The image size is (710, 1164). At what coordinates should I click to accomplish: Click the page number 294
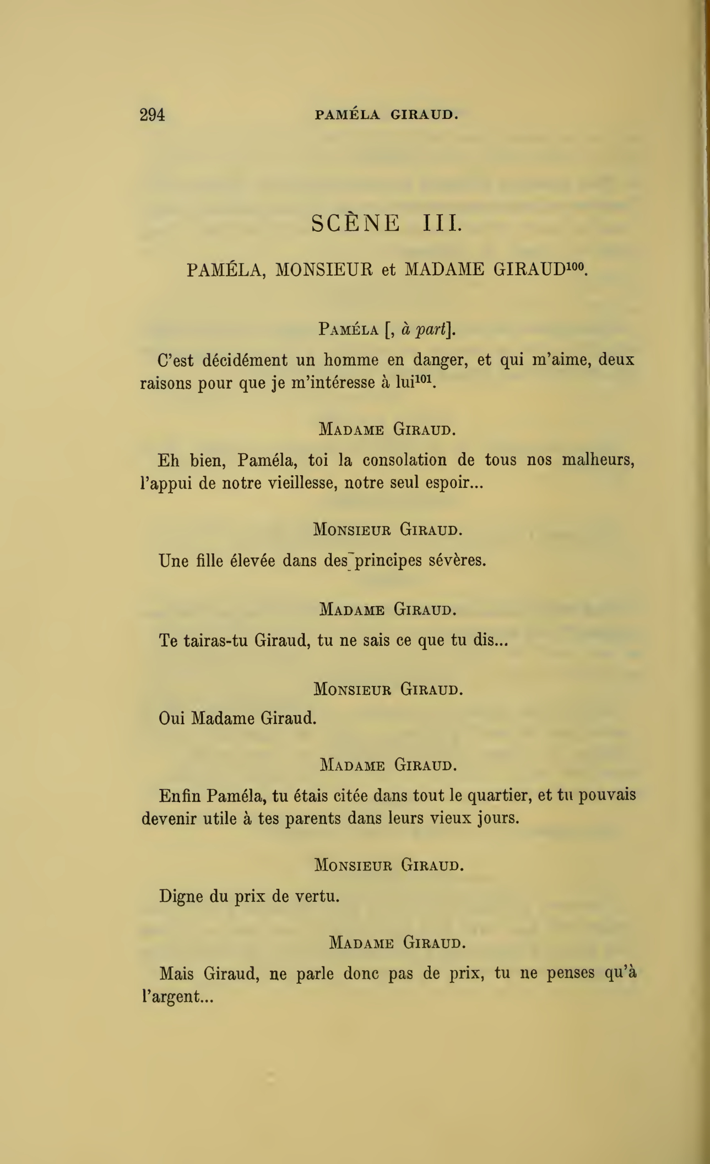(153, 115)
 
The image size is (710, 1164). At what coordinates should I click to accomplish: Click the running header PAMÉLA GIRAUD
(386, 115)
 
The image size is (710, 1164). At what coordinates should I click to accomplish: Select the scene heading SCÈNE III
(387, 223)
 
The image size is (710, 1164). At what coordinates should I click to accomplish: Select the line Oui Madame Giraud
(237, 719)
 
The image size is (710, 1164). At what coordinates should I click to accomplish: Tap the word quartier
(500, 796)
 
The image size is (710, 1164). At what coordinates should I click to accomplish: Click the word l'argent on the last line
(177, 997)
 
